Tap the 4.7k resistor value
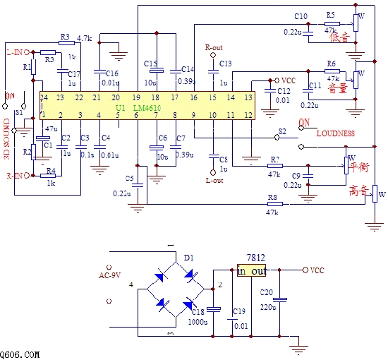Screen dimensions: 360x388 click(85, 38)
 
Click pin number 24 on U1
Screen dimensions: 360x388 click(44, 97)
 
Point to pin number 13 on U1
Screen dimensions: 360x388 click(248, 97)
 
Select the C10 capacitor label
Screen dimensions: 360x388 click(301, 16)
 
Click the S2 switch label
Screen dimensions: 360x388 click(282, 131)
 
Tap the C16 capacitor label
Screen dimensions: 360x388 click(111, 73)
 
